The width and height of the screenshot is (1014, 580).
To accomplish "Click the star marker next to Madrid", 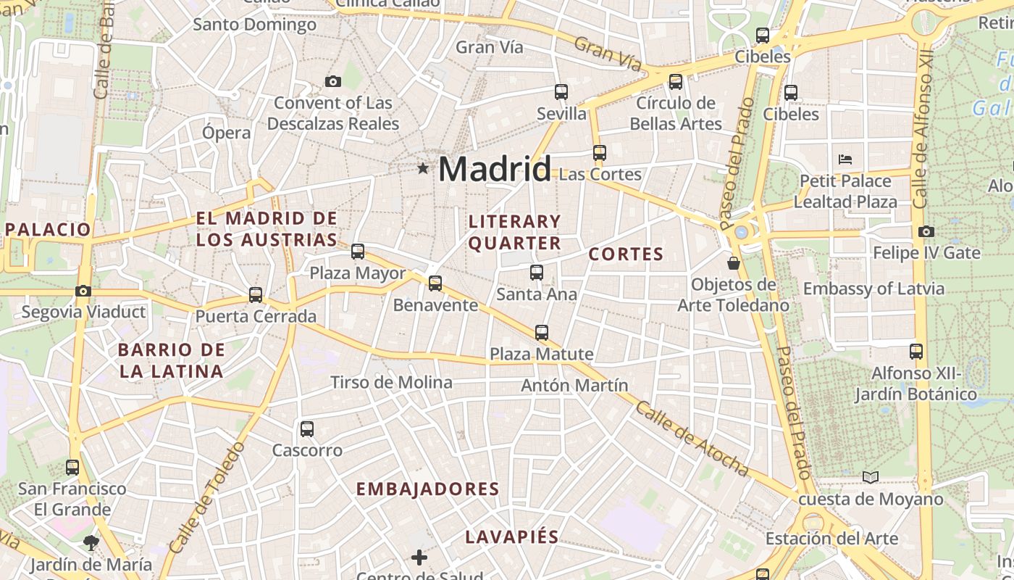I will pyautogui.click(x=423, y=168).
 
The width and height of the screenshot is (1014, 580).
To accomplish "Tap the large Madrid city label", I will pyautogui.click(x=495, y=169).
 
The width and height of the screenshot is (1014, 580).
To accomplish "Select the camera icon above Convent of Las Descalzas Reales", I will pyautogui.click(x=333, y=81).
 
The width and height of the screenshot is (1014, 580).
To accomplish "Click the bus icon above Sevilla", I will pyautogui.click(x=561, y=92).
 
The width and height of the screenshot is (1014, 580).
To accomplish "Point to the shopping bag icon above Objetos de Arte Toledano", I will pyautogui.click(x=733, y=263).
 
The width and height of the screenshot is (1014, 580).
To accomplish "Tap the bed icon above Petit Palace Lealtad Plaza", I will pyautogui.click(x=845, y=159).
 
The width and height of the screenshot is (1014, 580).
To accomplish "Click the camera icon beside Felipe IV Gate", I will pyautogui.click(x=926, y=232).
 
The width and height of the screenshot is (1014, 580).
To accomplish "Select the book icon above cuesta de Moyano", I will pyautogui.click(x=871, y=477).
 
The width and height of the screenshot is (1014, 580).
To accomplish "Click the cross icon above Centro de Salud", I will pyautogui.click(x=419, y=557).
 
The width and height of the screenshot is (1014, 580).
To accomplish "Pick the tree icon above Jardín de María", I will pyautogui.click(x=91, y=542).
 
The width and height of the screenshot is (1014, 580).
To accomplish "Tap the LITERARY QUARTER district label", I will pyautogui.click(x=515, y=232).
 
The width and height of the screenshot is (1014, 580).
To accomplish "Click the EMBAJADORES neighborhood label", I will pyautogui.click(x=428, y=489).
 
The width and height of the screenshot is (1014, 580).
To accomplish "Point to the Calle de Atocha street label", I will pyautogui.click(x=692, y=441).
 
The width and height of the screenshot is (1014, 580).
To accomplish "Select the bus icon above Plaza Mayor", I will pyautogui.click(x=358, y=252).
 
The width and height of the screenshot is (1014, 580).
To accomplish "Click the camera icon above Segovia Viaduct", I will pyautogui.click(x=83, y=291).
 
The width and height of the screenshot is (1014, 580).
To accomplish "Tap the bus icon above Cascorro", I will pyautogui.click(x=307, y=428).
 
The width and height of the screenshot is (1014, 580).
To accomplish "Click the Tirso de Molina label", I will pyautogui.click(x=391, y=382).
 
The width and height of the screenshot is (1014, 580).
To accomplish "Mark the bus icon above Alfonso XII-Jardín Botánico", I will pyautogui.click(x=916, y=352).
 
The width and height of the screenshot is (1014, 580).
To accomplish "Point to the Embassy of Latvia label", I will pyautogui.click(x=873, y=289).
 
